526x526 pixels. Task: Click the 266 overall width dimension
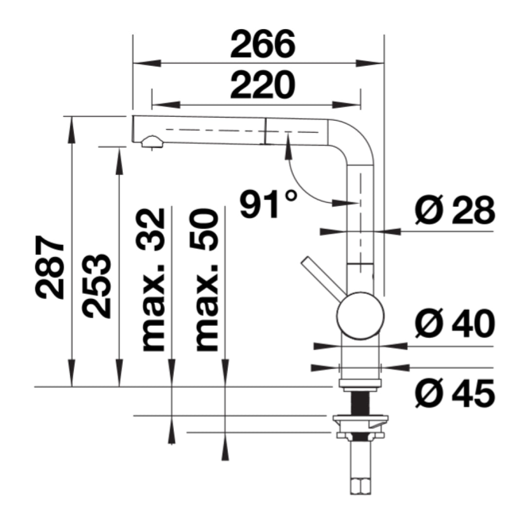263,45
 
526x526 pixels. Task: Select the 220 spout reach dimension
263,86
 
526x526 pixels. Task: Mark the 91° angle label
267,204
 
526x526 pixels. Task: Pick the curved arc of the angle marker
302,185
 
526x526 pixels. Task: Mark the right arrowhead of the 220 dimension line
353,105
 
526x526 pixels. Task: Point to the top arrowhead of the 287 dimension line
72,129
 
